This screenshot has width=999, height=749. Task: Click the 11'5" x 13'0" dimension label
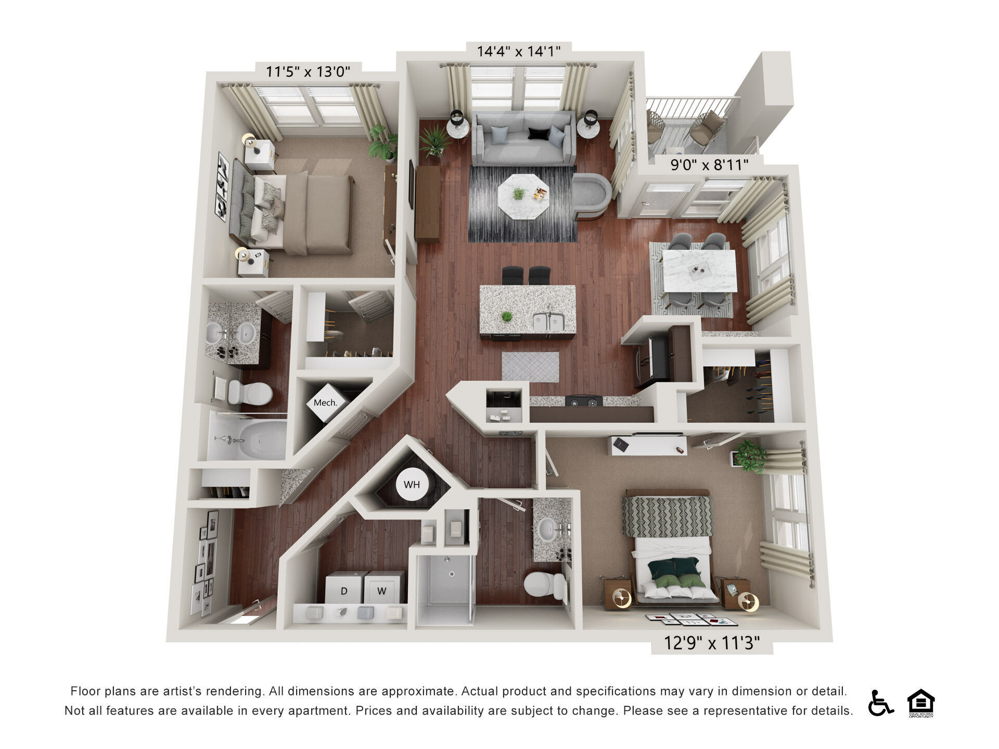click(x=308, y=71)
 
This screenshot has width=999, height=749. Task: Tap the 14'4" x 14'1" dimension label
click(x=519, y=51)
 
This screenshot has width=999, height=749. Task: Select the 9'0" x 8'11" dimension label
click(x=709, y=165)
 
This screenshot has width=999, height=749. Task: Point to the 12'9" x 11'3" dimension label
click(x=712, y=643)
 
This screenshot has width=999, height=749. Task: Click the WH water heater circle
click(x=412, y=485)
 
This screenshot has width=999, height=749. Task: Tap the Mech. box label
click(x=325, y=403)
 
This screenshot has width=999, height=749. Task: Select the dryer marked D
click(x=344, y=590)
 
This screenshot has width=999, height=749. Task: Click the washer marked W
click(x=382, y=590)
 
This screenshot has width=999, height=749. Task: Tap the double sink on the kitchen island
click(x=548, y=321)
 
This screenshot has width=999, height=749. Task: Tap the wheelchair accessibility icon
click(x=880, y=703)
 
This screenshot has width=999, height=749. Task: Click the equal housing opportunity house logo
click(x=920, y=703)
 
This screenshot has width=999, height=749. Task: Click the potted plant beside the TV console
click(x=434, y=140)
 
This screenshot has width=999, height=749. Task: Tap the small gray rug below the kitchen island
click(x=530, y=366)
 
